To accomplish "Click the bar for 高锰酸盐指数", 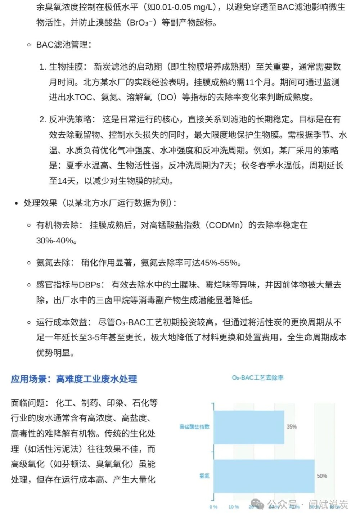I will [x=249, y=427].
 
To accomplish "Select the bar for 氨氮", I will [x=264, y=476].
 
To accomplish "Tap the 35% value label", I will [x=292, y=427].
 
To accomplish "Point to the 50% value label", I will [x=322, y=476].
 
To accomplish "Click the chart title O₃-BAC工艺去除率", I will [x=258, y=377].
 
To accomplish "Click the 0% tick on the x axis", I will [x=213, y=507].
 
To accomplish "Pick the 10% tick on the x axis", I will [x=234, y=507].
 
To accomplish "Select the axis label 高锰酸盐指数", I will [x=194, y=427].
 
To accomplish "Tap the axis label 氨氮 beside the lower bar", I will [x=204, y=476].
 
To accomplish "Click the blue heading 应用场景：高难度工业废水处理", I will [x=74, y=379].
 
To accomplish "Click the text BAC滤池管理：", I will [x=64, y=45].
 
